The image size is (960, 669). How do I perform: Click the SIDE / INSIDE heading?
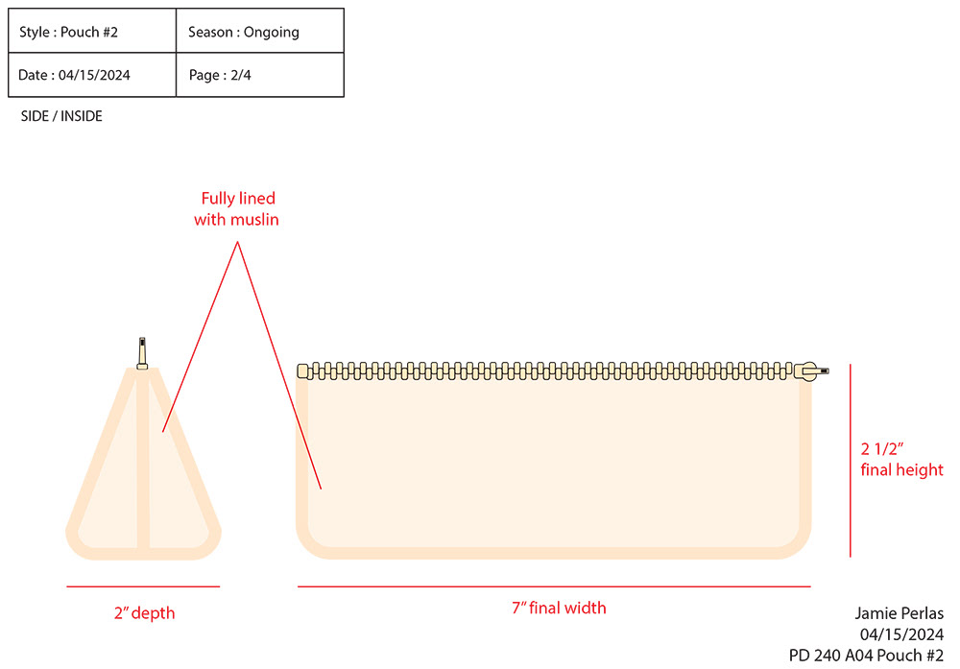coord(61,116)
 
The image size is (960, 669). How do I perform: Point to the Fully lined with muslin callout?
coord(238,209)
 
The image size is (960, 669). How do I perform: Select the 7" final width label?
coord(559,608)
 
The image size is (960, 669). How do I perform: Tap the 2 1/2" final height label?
coord(902,459)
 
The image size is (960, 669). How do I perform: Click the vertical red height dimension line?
coord(851,461)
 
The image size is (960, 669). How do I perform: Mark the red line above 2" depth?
coord(143,585)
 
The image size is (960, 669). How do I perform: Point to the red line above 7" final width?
coord(554,585)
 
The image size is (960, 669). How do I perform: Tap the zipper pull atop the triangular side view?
coord(142,351)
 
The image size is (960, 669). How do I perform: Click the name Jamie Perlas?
coord(900,613)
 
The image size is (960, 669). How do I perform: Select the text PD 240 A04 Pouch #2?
coord(866,656)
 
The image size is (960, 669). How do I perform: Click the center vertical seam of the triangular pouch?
coord(142,461)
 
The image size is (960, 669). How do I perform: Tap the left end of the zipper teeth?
coord(303,370)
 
